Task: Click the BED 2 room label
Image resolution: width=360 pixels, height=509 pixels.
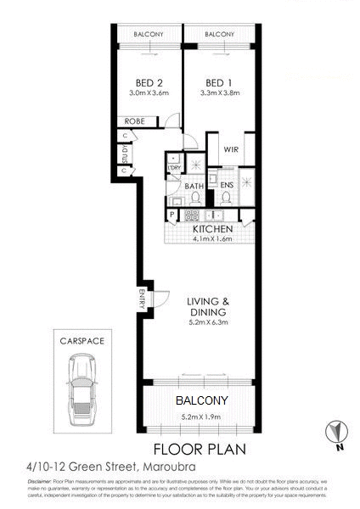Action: [x=149, y=82]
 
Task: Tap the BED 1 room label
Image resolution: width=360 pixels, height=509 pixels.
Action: [x=219, y=82]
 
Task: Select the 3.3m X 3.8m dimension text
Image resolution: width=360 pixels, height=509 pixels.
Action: [x=219, y=92]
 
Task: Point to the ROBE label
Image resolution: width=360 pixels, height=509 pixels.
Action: [x=136, y=121]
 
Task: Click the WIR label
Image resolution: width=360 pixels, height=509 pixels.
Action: [x=230, y=149]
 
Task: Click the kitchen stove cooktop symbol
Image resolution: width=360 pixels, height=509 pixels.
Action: [x=180, y=202]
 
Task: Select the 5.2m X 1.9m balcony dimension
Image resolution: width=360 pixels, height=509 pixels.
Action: [x=202, y=417]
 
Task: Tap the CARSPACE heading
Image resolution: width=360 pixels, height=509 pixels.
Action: [x=82, y=341]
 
